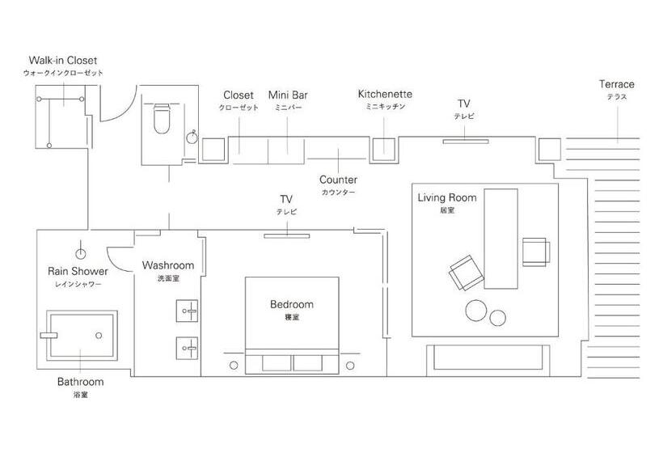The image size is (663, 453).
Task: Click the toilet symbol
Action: point(161,118)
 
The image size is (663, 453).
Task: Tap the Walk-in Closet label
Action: point(63,60)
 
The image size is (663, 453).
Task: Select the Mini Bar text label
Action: point(288,95)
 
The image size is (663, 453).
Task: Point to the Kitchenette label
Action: point(385,94)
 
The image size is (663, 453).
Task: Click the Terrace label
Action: point(616,84)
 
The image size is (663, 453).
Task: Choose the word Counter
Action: point(338,180)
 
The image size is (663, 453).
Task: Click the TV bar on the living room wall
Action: point(466,142)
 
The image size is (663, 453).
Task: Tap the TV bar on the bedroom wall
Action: point(287,236)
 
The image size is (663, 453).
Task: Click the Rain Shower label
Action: point(78,271)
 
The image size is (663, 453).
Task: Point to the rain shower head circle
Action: point(80,254)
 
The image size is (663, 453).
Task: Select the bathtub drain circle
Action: point(99,336)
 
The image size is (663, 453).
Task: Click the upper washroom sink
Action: point(187,311)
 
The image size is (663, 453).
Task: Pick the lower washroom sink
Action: point(187,348)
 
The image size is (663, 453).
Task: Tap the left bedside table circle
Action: point(234,366)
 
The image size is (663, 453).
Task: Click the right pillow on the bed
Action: point(308,363)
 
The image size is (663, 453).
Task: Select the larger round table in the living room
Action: point(476,311)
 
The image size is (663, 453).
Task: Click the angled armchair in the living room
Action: point(466,273)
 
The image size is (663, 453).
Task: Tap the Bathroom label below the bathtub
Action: point(80,382)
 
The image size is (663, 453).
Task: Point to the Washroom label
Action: point(168,265)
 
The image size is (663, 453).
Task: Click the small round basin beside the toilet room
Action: point(192,138)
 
